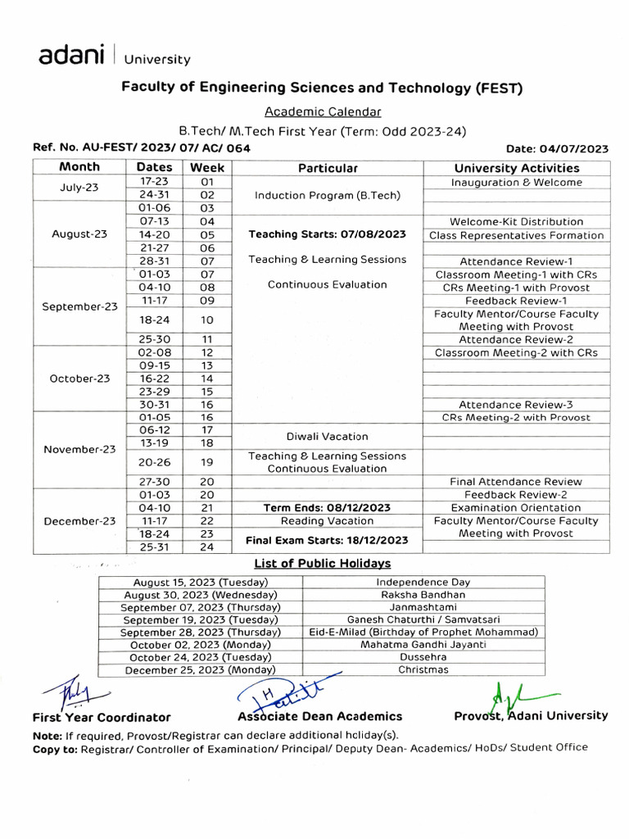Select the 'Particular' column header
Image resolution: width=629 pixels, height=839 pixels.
328,168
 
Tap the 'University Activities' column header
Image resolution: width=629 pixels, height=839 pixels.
516,168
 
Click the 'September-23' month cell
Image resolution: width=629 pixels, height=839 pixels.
79,306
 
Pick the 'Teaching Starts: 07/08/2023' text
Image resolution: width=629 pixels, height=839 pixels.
328,234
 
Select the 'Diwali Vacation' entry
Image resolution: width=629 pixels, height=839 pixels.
328,437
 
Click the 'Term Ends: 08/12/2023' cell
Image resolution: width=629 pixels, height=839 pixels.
328,508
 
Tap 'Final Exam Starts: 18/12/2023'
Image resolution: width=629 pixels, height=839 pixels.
328,540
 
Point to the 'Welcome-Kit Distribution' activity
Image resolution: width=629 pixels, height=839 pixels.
516,222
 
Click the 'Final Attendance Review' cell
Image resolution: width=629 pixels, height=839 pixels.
516,482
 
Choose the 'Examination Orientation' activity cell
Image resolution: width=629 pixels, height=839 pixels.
516,508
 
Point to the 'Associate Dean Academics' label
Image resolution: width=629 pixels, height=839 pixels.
320,716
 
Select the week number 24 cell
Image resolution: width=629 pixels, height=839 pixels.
207,546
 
